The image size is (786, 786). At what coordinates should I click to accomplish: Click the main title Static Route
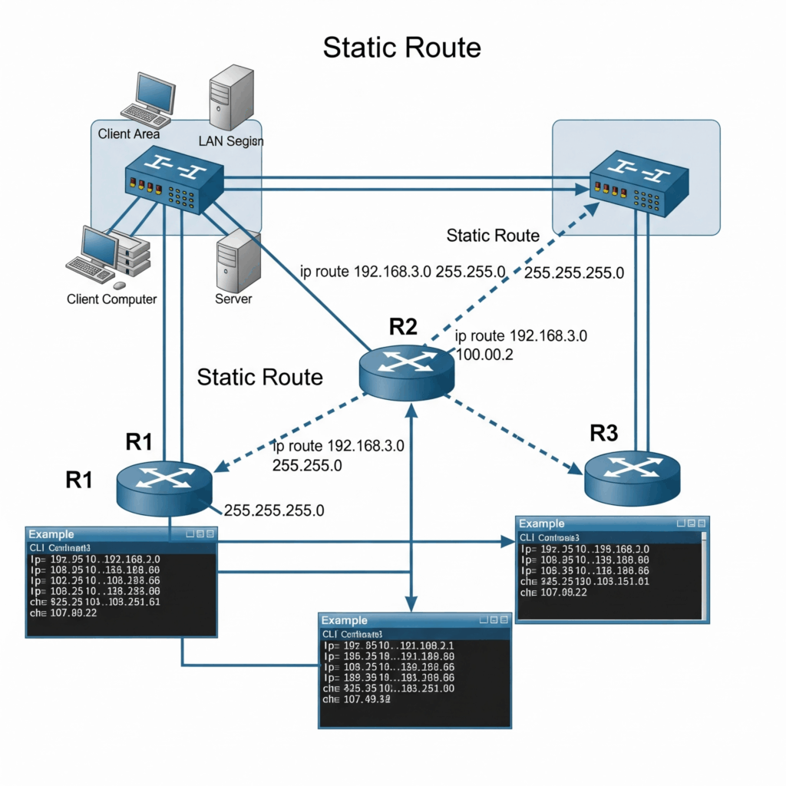(x=401, y=48)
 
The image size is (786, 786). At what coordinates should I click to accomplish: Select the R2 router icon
(x=406, y=371)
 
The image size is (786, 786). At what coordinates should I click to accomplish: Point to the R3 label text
(x=603, y=434)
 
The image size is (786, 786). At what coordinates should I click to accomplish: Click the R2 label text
(x=403, y=326)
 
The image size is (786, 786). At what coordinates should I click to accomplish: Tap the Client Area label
(x=129, y=134)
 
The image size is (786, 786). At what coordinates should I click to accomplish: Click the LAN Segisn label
(x=230, y=141)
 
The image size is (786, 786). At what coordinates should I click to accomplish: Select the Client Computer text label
(x=112, y=299)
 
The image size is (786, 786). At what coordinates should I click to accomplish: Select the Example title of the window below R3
(x=542, y=523)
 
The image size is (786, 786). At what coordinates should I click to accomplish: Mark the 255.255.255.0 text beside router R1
(x=273, y=510)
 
